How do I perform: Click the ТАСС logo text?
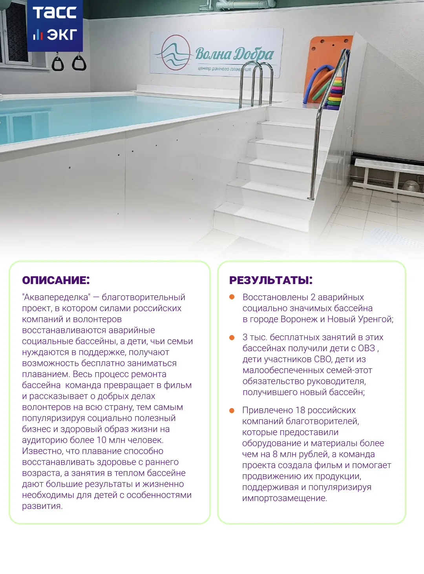click(55, 13)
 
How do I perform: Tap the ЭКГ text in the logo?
click(62, 35)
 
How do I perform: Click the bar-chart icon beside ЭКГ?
click(38, 35)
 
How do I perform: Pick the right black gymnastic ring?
click(79, 62)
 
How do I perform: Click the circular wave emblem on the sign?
click(175, 53)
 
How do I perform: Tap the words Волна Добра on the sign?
click(235, 54)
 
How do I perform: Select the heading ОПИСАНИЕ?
click(56, 280)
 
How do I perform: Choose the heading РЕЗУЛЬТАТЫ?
click(271, 280)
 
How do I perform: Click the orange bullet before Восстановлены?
click(232, 297)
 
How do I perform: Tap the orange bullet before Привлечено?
click(232, 410)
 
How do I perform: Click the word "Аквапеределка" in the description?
click(56, 297)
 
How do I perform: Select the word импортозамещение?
click(284, 498)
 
